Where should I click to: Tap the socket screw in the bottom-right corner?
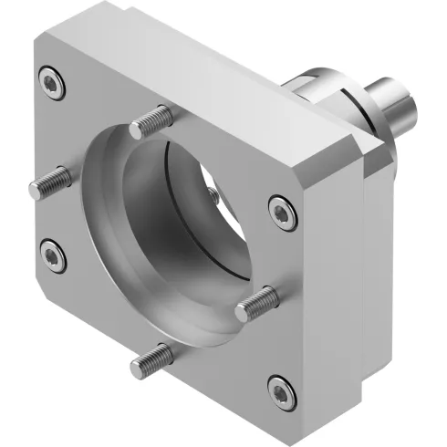(282, 390)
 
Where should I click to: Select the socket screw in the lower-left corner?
(52, 256)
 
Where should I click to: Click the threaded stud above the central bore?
(151, 121)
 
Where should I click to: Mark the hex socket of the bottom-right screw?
(282, 390)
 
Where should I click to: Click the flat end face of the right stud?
(242, 312)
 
